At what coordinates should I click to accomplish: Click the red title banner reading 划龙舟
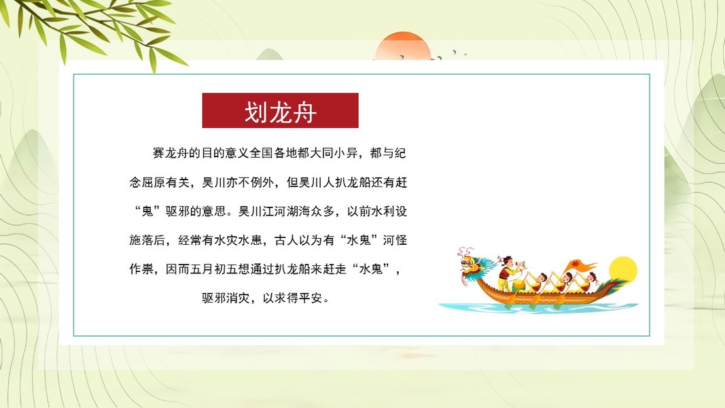[x=280, y=111]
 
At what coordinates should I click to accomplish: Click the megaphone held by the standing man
[x=520, y=265]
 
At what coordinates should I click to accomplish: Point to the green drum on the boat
[x=519, y=285]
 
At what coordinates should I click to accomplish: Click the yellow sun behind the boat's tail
[x=623, y=271]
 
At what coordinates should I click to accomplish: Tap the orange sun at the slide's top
[x=403, y=46]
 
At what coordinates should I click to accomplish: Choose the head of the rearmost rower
[x=590, y=277]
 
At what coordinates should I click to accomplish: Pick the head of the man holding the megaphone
[x=508, y=261]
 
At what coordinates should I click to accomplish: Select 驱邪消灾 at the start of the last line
[x=226, y=298]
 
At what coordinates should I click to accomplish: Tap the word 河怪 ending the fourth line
[x=395, y=240]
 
